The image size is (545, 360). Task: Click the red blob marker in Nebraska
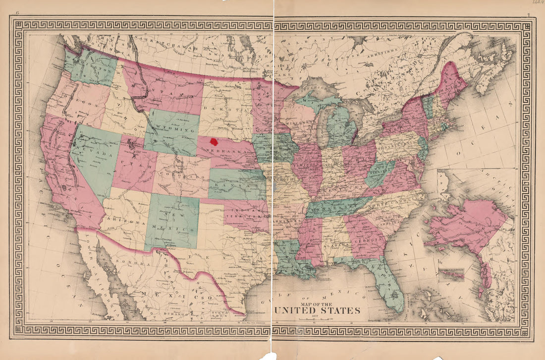215,141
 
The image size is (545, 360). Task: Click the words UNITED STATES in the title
317,311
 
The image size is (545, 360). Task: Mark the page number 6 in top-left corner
17,13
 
